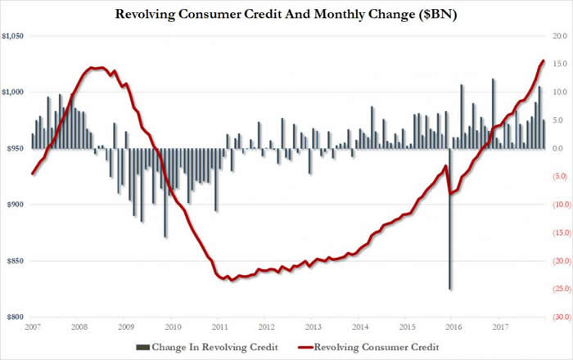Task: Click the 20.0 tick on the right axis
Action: (560, 37)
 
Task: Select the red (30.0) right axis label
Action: (558, 317)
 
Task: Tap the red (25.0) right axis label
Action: (558, 289)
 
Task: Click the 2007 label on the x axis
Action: (33, 327)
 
